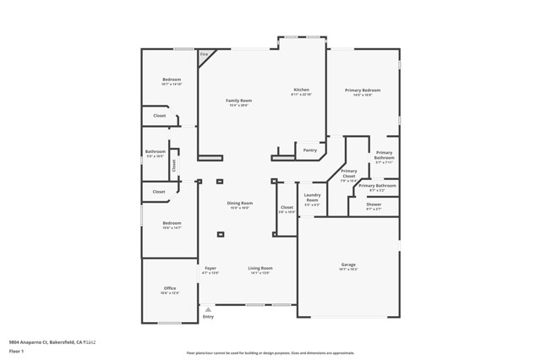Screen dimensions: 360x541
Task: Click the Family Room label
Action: (x=238, y=101)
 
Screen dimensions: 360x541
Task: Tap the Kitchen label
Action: (x=301, y=90)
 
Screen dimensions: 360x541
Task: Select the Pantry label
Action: (x=309, y=150)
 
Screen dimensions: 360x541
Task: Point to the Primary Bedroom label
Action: (x=363, y=90)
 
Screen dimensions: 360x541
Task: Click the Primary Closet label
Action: (x=348, y=173)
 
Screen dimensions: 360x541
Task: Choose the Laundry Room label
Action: (x=312, y=198)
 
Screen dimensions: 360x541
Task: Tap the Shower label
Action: (x=374, y=204)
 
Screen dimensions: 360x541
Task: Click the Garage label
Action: (x=348, y=265)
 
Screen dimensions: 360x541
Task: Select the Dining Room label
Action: (x=239, y=203)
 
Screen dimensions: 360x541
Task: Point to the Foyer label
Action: (x=210, y=268)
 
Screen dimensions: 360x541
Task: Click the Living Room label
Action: (x=260, y=268)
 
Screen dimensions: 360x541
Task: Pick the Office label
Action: (x=170, y=288)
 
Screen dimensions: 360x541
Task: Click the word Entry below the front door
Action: (x=208, y=317)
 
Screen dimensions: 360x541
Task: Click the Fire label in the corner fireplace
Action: (x=204, y=54)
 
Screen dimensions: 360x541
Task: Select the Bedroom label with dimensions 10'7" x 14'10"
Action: (x=172, y=79)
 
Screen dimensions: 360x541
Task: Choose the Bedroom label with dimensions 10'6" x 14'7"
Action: (x=172, y=223)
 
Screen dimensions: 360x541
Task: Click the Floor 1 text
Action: (x=15, y=350)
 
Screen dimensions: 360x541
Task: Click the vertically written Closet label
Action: (x=174, y=165)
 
